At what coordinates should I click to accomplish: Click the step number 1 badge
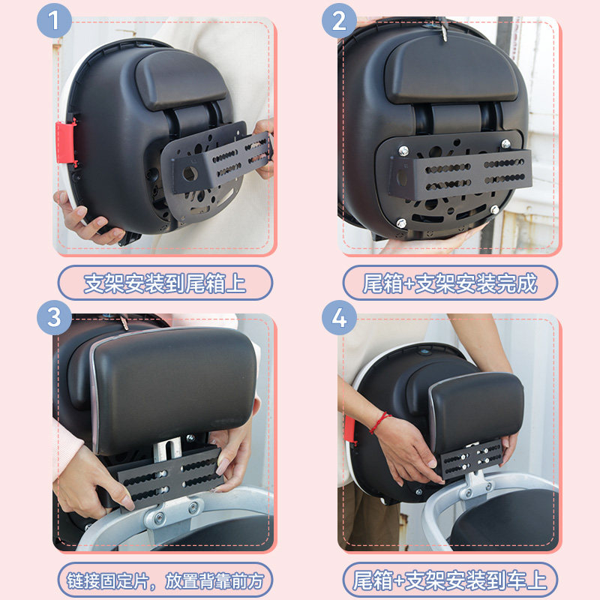pyautogui.click(x=54, y=21)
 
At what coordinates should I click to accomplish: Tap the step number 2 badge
pyautogui.click(x=339, y=21)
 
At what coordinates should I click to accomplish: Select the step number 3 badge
pyautogui.click(x=54, y=317)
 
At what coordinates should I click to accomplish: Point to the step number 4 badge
pyautogui.click(x=339, y=317)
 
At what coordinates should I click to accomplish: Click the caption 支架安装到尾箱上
pyautogui.click(x=165, y=283)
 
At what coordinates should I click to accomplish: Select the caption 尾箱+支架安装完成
pyautogui.click(x=450, y=283)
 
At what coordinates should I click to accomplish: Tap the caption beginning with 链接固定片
pyautogui.click(x=165, y=580)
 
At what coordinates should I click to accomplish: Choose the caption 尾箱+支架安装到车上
pyautogui.click(x=450, y=580)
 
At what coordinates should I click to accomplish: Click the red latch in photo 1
pyautogui.click(x=65, y=142)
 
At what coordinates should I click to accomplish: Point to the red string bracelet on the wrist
pyautogui.click(x=379, y=422)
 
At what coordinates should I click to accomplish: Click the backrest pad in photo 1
pyautogui.click(x=180, y=79)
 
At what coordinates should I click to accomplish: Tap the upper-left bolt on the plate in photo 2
pyautogui.click(x=403, y=151)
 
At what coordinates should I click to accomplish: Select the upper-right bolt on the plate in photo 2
pyautogui.click(x=505, y=144)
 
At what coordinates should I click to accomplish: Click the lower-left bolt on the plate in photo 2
pyautogui.click(x=401, y=223)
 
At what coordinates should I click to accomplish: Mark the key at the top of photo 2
pyautogui.click(x=443, y=28)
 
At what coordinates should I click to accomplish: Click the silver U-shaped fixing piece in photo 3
pyautogui.click(x=167, y=448)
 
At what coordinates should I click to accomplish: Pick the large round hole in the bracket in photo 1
pyautogui.click(x=190, y=174)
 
